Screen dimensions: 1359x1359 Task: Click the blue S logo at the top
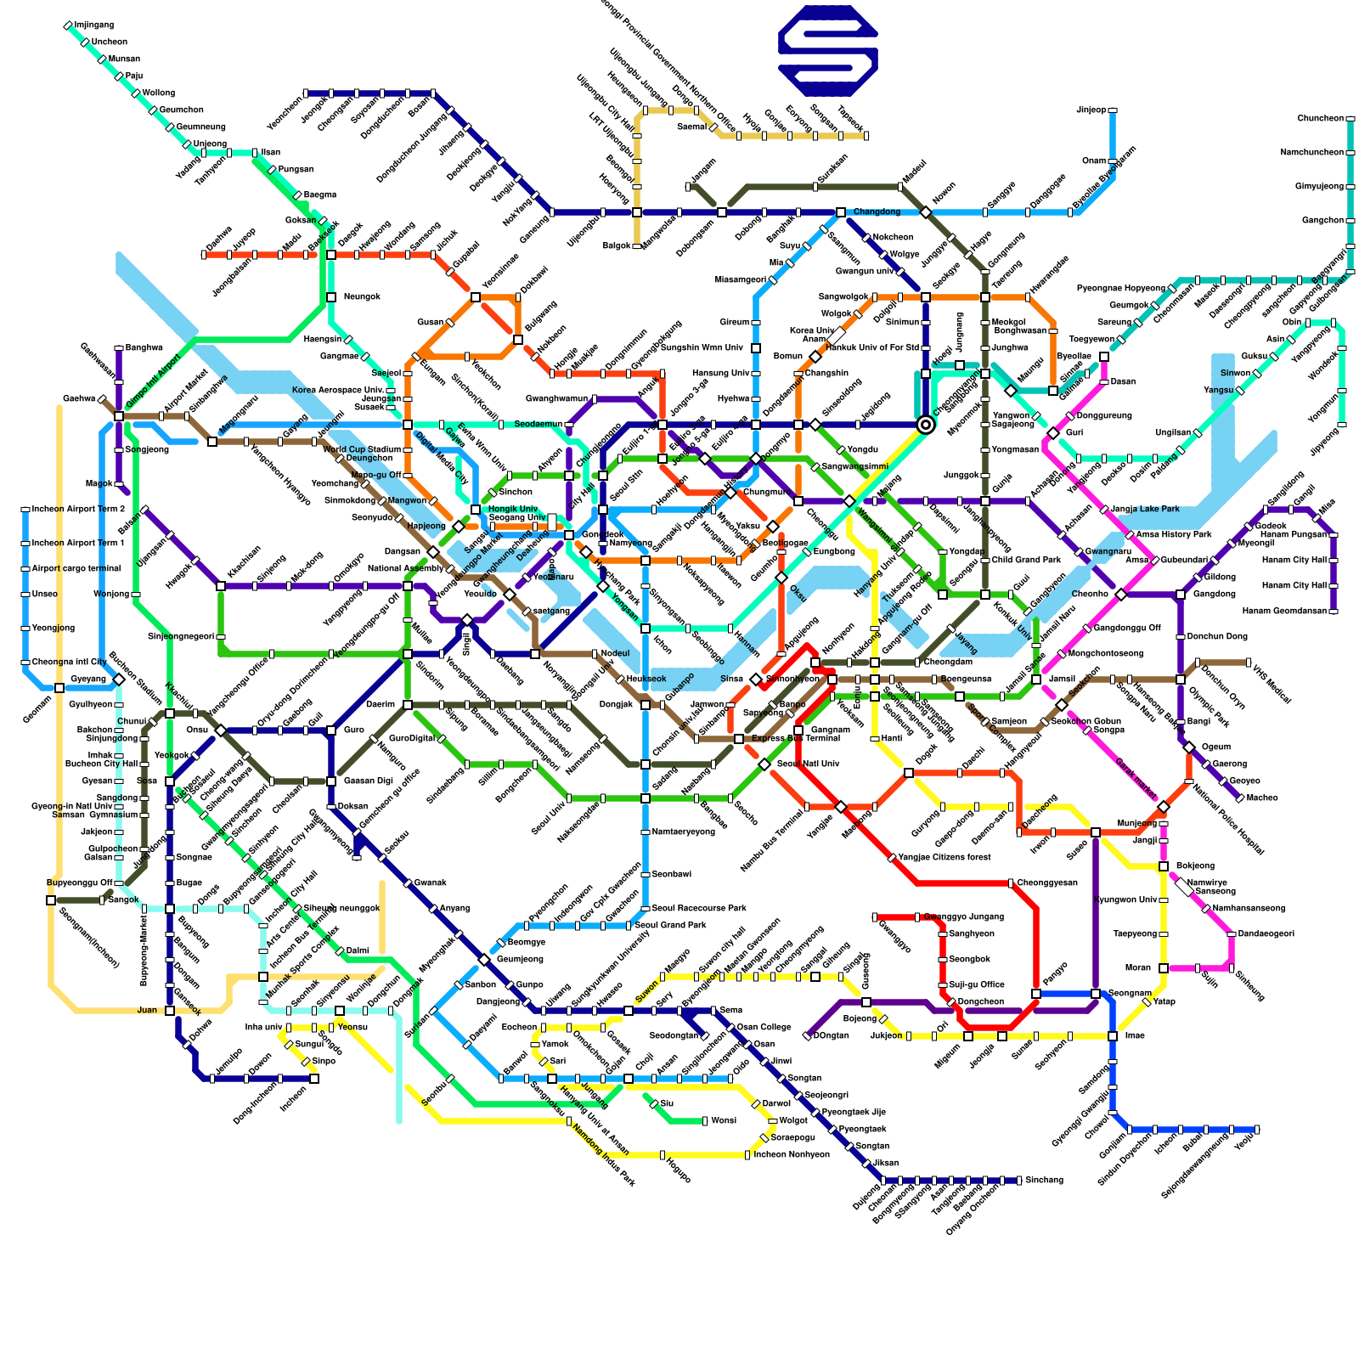tap(828, 51)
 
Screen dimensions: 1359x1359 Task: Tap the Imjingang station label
tap(94, 25)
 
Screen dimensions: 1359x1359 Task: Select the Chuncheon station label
tap(1320, 119)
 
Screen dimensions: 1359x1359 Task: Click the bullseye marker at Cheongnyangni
tap(926, 425)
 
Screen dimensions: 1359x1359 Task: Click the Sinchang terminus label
tap(1044, 1181)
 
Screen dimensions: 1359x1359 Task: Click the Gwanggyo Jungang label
tap(963, 917)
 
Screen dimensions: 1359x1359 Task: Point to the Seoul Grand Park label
tap(679, 926)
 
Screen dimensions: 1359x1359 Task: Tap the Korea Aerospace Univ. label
tap(338, 391)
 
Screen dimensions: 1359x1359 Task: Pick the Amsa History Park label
tap(1174, 535)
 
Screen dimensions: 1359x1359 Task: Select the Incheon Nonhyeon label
tap(792, 1155)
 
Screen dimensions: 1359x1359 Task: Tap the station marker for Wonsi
tap(705, 1121)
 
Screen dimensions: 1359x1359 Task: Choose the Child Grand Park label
tap(1026, 561)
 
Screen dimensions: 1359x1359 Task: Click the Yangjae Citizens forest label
tap(944, 858)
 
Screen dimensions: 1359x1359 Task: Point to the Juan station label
tap(147, 1011)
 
